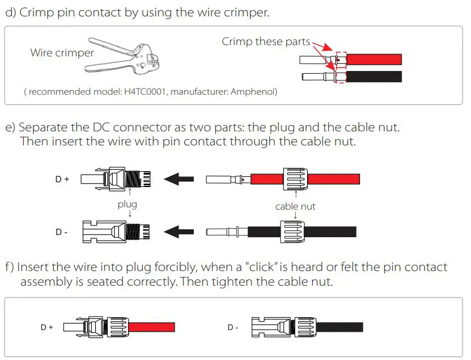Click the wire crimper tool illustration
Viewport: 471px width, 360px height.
(121, 59)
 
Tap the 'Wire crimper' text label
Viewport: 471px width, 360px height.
(62, 53)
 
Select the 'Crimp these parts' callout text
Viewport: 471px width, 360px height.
(266, 42)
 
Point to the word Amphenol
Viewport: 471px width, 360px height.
(256, 91)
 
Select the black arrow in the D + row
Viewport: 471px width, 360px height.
(179, 179)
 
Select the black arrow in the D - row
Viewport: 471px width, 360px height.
(179, 232)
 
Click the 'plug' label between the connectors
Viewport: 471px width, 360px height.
(127, 205)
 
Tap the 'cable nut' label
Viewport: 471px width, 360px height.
(295, 206)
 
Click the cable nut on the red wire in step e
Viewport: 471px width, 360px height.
(294, 179)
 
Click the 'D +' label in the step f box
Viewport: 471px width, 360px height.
(47, 327)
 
